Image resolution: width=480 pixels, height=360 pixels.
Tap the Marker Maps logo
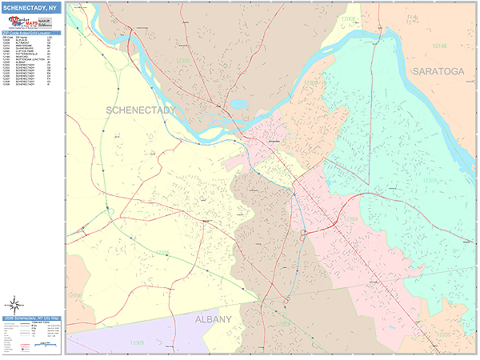[x=31, y=25]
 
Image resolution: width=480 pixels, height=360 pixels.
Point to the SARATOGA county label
[x=438, y=71]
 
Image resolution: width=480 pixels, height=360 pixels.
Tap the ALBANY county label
[x=214, y=319]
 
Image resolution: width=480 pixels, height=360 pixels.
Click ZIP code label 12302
[x=183, y=60]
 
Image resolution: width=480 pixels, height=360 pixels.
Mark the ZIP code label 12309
[x=430, y=180]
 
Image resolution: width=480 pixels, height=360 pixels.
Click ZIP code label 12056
[x=74, y=295]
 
